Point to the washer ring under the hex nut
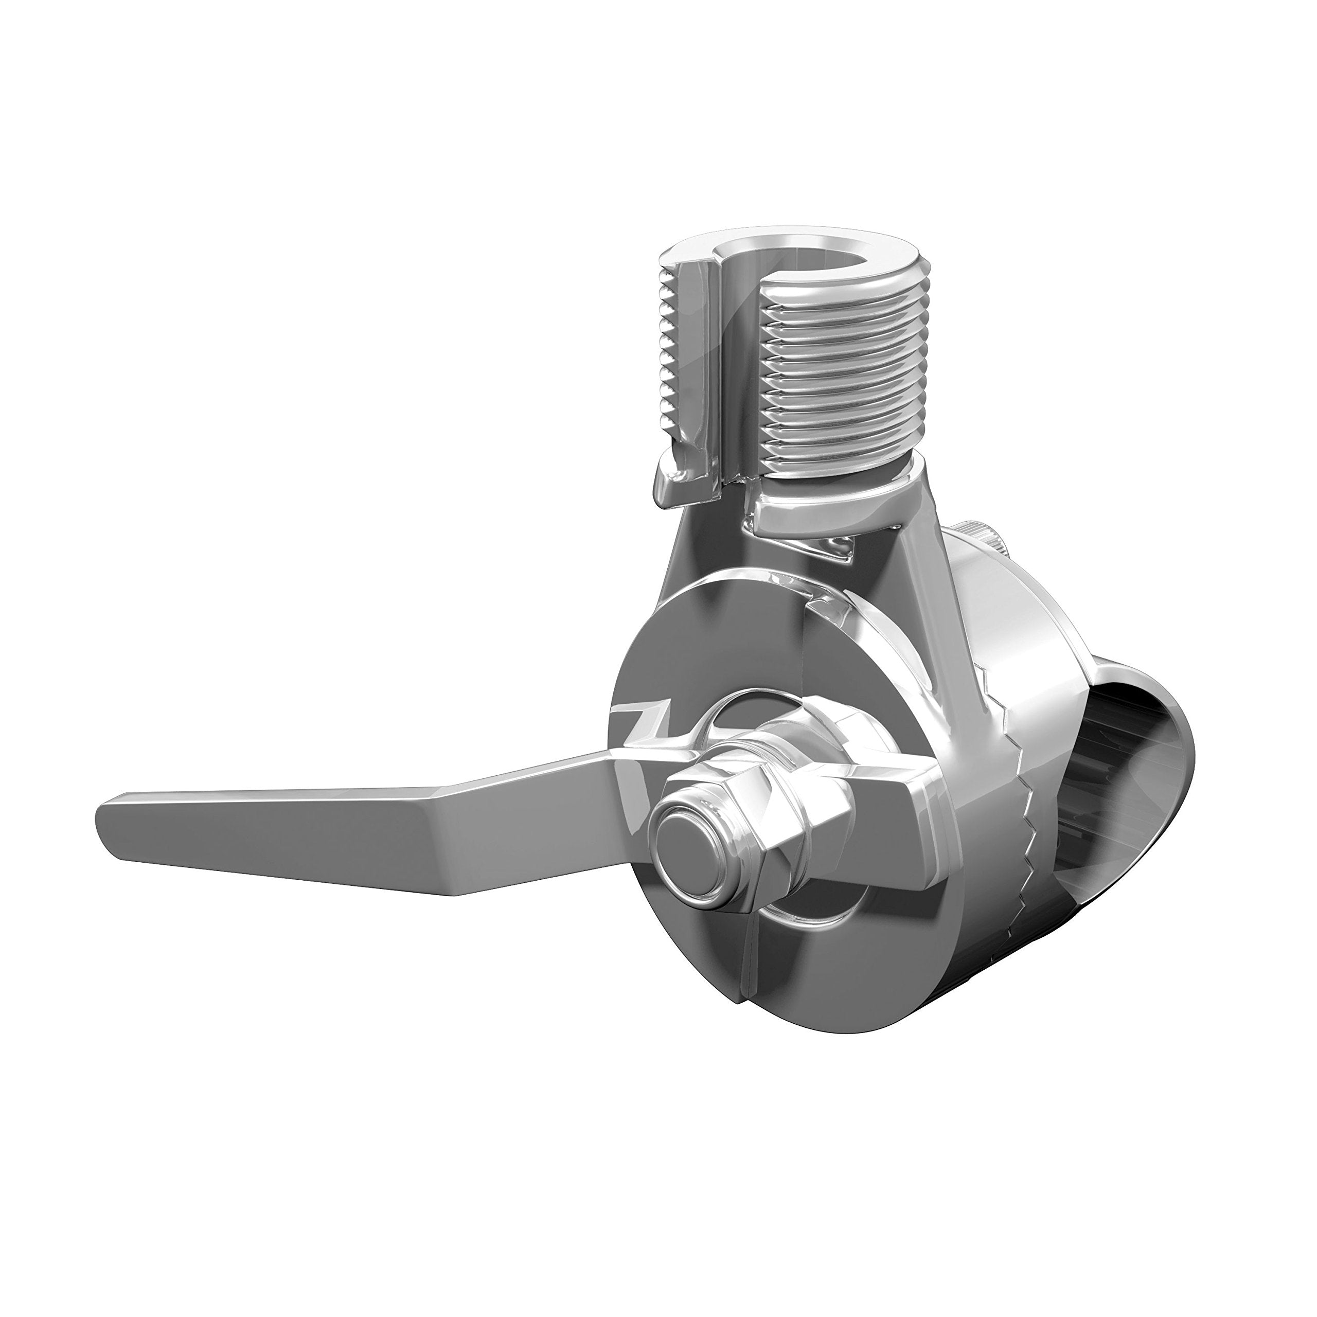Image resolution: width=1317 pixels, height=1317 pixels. pyautogui.click(x=770, y=736)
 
